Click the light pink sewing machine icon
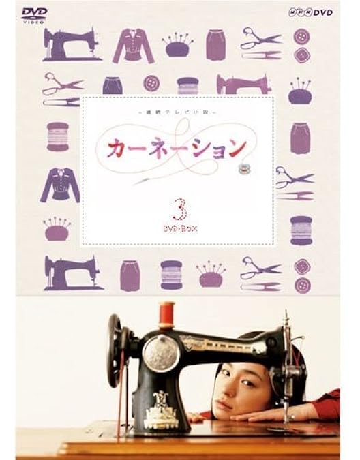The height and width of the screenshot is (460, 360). pos(243,84)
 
